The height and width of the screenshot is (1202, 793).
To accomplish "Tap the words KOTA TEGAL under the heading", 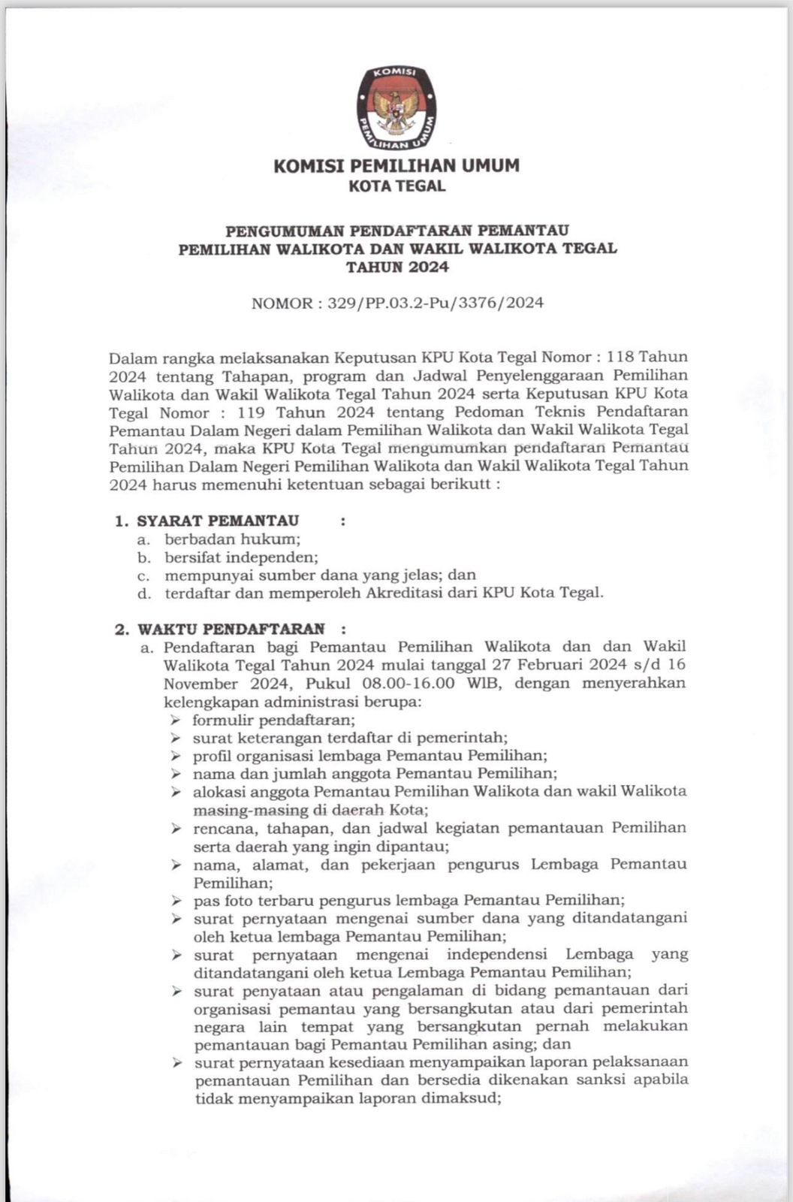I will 396,186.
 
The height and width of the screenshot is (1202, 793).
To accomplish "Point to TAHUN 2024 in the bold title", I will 397,267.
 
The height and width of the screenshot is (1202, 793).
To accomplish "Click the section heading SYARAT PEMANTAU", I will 218,521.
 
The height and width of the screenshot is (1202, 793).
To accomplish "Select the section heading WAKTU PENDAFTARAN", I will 231,629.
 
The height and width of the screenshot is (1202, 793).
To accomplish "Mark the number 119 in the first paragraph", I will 252,412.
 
